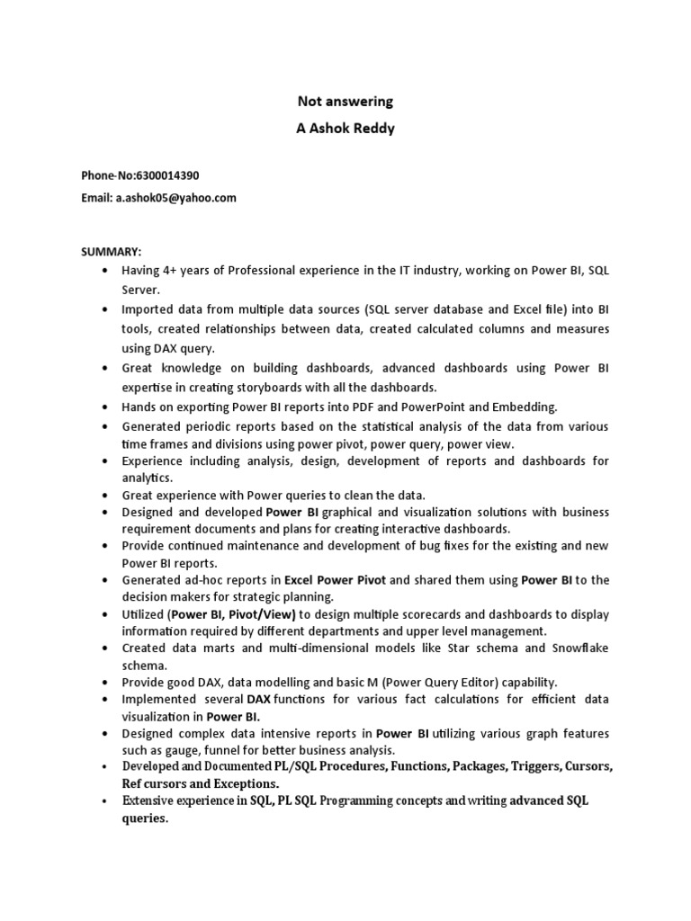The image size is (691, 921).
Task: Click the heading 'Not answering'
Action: tap(345, 102)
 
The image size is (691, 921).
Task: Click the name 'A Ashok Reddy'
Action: tap(345, 129)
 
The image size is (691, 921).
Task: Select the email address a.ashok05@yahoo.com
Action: tap(175, 198)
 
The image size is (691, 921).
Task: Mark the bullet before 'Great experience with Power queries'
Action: tap(106, 495)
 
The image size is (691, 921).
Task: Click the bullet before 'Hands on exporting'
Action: tap(106, 407)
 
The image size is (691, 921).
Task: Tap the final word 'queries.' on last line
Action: tap(145, 818)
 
